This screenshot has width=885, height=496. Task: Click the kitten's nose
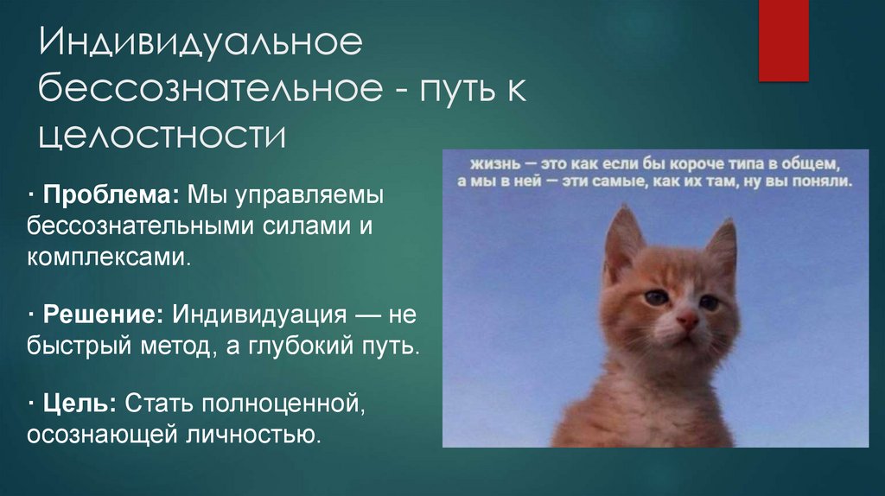(687, 321)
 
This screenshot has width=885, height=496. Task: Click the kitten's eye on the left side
(656, 297)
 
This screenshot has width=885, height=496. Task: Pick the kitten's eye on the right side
(710, 302)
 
